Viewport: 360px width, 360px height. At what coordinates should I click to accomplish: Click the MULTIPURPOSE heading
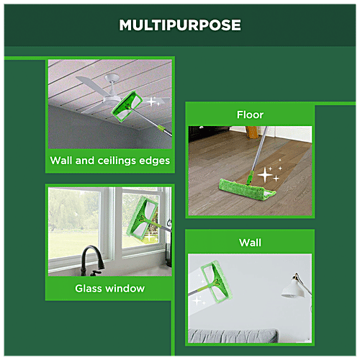(x=180, y=25)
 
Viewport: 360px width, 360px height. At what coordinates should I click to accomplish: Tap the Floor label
(x=250, y=114)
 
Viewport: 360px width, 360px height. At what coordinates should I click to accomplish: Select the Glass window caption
(x=110, y=288)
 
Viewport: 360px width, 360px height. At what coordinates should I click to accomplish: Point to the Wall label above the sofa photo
(x=250, y=243)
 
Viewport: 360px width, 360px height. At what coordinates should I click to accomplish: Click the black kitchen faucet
(x=92, y=261)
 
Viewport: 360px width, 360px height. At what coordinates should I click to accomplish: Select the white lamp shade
(x=293, y=289)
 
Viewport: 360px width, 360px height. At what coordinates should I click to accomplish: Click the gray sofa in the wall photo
(x=233, y=336)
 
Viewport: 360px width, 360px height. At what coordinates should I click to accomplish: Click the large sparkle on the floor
(x=265, y=175)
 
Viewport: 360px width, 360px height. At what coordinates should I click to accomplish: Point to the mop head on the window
(x=143, y=219)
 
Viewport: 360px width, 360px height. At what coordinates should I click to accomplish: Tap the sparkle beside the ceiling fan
(x=153, y=102)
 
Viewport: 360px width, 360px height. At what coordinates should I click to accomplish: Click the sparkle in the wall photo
(x=197, y=301)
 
